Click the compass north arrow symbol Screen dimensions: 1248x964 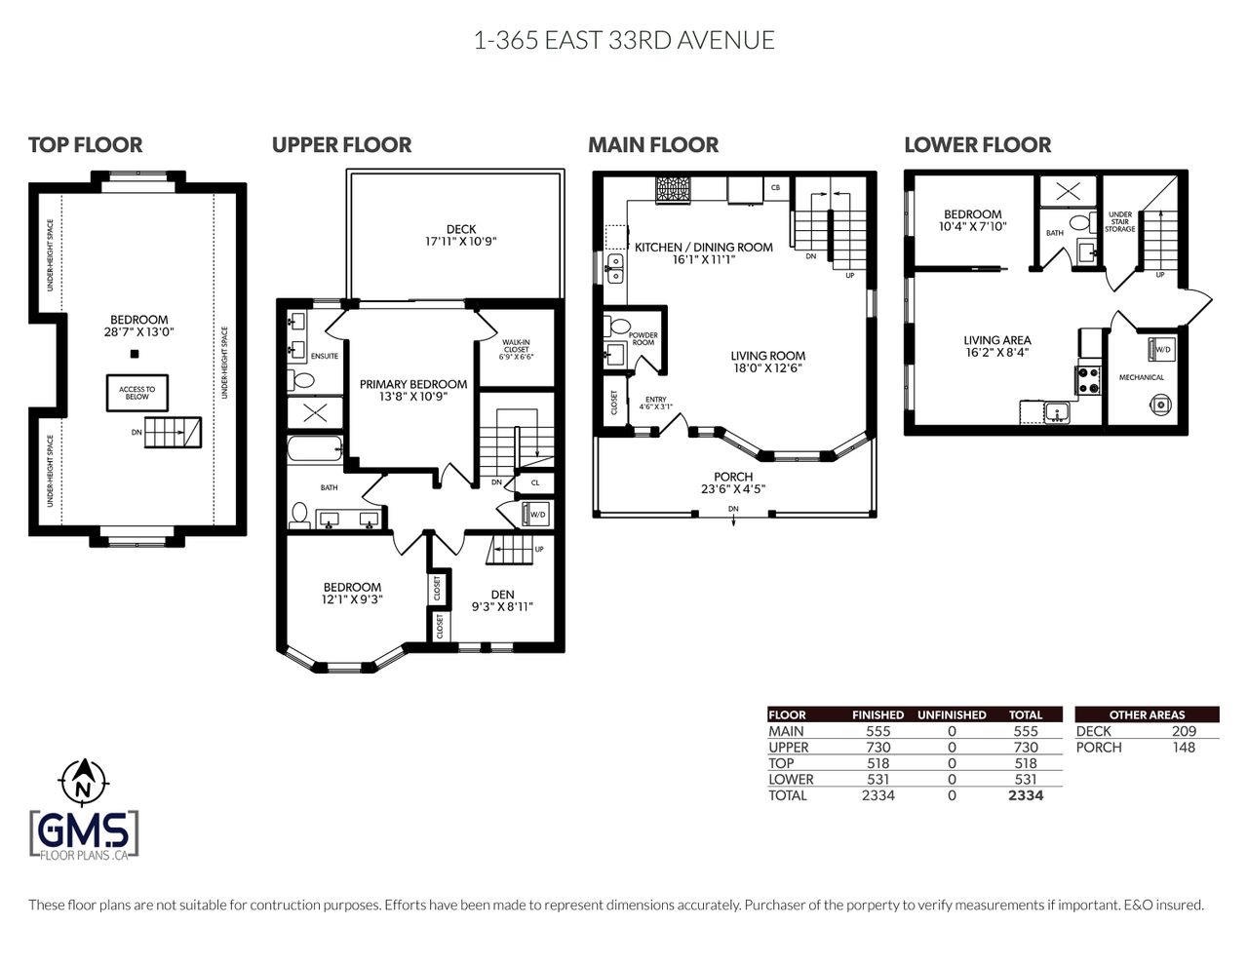point(83,781)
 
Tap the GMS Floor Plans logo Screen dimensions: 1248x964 point(84,835)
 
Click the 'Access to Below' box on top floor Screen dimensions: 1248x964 point(137,393)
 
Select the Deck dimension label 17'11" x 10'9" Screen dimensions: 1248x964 point(460,242)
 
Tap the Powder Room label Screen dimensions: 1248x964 point(643,339)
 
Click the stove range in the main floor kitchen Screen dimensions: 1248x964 point(673,189)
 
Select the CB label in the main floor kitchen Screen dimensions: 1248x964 point(775,187)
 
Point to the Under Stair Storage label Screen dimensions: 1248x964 point(1120,221)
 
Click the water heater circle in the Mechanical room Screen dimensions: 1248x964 point(1160,405)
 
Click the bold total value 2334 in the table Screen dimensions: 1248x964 point(1025,795)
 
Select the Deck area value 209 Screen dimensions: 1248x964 point(1184,731)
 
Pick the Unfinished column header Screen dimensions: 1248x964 point(952,714)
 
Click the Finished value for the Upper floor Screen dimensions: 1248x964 point(878,747)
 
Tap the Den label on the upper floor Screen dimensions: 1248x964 point(502,595)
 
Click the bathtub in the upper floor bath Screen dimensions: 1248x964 point(315,448)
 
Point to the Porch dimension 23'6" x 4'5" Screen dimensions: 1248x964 point(733,489)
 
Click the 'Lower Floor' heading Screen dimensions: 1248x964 point(978,144)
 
